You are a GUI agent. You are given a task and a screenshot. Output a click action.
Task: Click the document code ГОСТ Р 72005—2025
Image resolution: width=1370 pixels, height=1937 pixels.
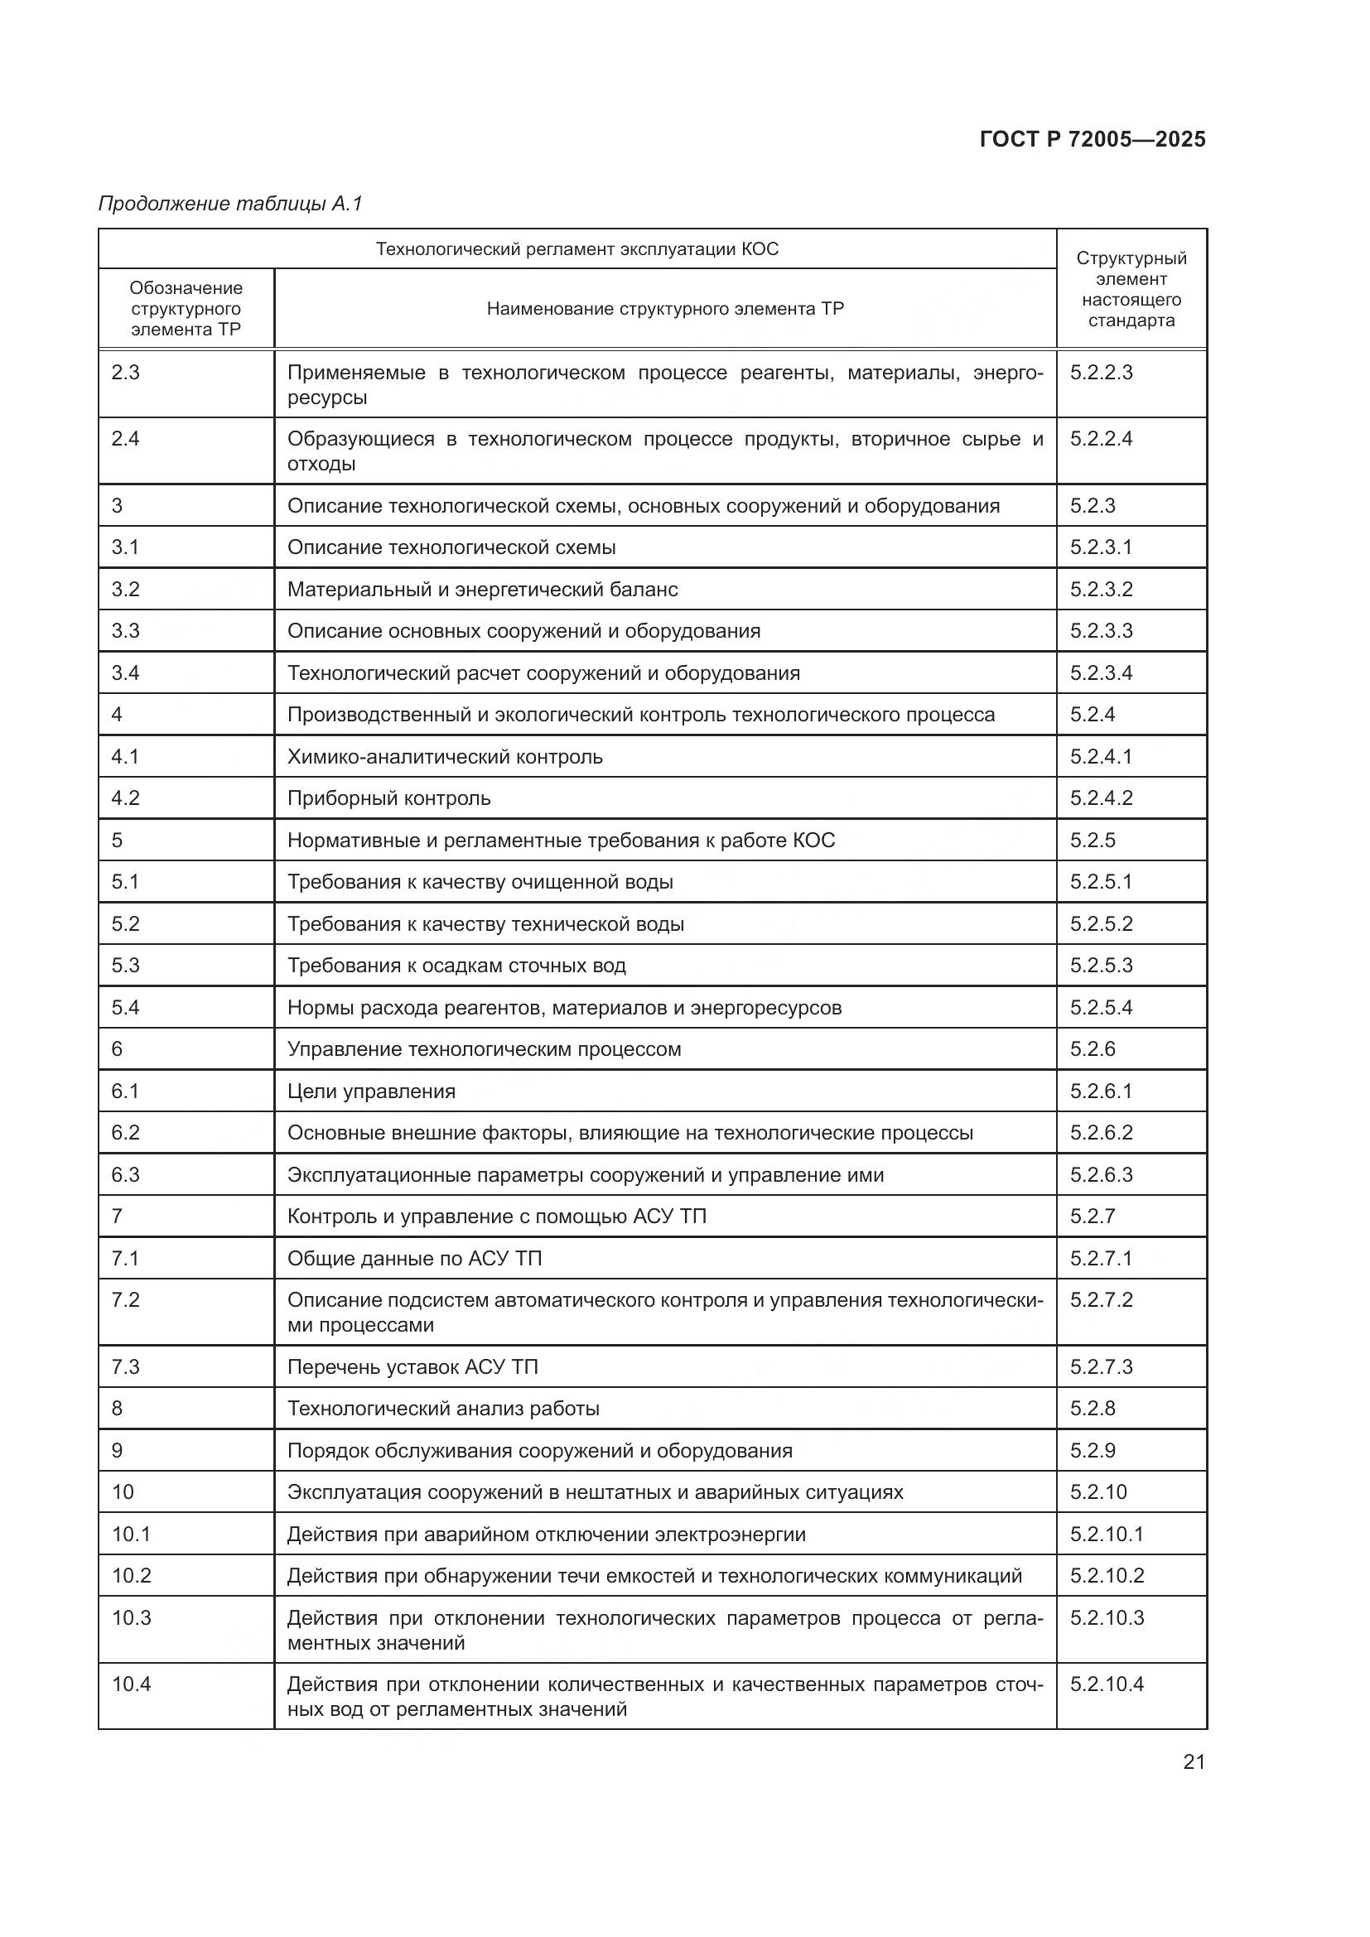click(x=1093, y=139)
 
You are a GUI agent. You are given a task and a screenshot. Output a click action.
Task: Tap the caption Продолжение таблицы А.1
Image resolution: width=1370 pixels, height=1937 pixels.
click(x=230, y=204)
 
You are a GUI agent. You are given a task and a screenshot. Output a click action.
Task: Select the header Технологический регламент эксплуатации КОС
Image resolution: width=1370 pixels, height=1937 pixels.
click(x=577, y=249)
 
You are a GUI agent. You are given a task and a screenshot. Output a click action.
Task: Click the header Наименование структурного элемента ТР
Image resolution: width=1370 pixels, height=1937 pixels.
click(x=665, y=309)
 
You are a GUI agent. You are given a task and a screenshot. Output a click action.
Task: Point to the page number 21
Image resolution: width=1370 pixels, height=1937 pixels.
click(x=1194, y=1761)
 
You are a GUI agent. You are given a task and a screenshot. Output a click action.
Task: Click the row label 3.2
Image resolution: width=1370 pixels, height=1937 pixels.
click(x=125, y=589)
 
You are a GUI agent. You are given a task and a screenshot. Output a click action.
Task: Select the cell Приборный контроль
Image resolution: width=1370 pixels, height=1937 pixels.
click(x=389, y=798)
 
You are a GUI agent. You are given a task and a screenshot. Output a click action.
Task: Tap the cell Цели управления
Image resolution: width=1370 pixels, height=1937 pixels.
click(x=371, y=1091)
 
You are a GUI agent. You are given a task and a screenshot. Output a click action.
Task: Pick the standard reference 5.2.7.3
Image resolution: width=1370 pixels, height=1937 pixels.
click(x=1101, y=1366)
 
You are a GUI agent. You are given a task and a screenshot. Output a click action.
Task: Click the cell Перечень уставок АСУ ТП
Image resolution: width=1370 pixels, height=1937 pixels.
click(x=412, y=1366)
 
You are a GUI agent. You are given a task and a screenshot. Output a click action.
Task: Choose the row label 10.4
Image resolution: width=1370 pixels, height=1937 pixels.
click(x=132, y=1684)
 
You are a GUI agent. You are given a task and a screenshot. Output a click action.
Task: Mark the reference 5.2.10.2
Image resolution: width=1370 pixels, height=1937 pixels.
click(x=1107, y=1575)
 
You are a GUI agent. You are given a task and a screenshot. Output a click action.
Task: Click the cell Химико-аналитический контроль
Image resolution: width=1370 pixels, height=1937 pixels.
click(x=445, y=757)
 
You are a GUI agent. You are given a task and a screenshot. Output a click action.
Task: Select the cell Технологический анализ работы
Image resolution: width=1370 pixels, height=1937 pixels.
click(x=444, y=1408)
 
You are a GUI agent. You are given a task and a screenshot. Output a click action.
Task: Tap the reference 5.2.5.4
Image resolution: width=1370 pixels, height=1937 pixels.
click(x=1101, y=1007)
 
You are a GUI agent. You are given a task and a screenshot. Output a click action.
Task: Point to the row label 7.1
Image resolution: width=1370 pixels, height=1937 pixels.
click(x=125, y=1258)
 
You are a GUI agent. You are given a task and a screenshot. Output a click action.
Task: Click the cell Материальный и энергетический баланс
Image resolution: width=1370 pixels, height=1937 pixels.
click(x=483, y=589)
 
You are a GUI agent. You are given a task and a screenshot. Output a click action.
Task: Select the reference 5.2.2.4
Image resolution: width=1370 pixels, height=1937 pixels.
click(x=1101, y=439)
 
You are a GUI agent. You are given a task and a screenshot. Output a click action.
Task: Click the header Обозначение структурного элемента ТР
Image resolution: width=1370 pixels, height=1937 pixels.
click(x=186, y=309)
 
